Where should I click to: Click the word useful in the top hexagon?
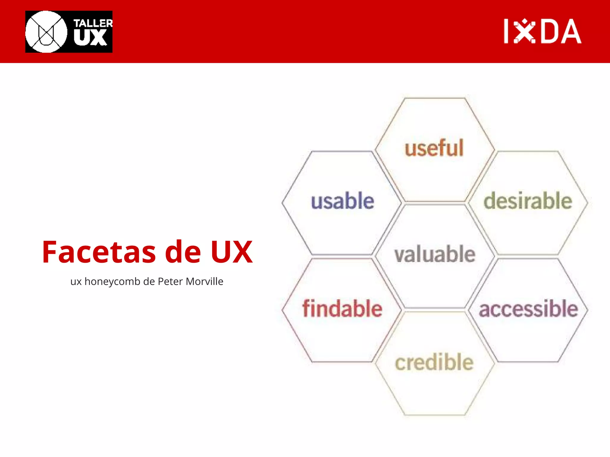(434, 148)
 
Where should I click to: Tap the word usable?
(343, 201)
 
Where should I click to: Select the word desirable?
(528, 201)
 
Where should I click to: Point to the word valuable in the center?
(435, 254)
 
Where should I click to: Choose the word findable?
(343, 309)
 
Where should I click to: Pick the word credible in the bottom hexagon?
(434, 362)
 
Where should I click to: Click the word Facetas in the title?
(99, 252)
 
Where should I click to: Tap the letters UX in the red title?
(232, 252)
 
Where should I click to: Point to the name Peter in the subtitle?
(170, 281)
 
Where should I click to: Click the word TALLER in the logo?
(93, 23)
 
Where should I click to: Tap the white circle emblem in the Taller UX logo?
(46, 32)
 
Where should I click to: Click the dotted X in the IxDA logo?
(525, 31)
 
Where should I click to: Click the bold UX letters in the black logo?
(90, 38)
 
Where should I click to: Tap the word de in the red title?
(183, 252)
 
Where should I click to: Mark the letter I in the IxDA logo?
(506, 31)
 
